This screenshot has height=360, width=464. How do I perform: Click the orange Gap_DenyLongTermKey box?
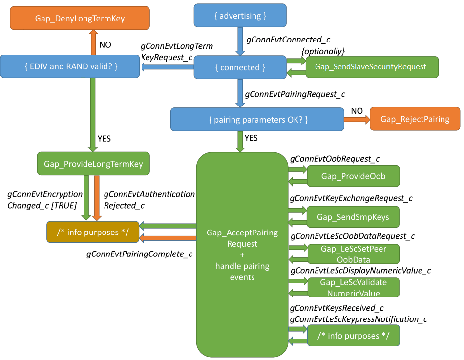[80, 19]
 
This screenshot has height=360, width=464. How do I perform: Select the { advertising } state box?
[240, 16]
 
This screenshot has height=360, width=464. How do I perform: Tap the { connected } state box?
[240, 67]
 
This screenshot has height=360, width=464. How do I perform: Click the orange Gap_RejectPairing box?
[415, 119]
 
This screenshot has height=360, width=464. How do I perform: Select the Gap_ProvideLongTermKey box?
[93, 164]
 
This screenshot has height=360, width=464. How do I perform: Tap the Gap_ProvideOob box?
[353, 176]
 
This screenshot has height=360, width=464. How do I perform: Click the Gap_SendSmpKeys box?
[353, 217]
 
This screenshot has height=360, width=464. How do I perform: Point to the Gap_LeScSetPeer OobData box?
[353, 254]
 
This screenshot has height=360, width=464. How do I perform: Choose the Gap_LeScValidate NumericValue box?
[353, 288]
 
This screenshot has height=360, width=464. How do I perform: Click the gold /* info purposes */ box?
[93, 232]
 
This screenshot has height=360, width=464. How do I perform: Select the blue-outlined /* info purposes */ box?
[353, 336]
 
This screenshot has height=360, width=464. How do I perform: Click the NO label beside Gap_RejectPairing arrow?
[357, 111]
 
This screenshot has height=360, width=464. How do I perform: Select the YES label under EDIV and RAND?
[104, 139]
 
